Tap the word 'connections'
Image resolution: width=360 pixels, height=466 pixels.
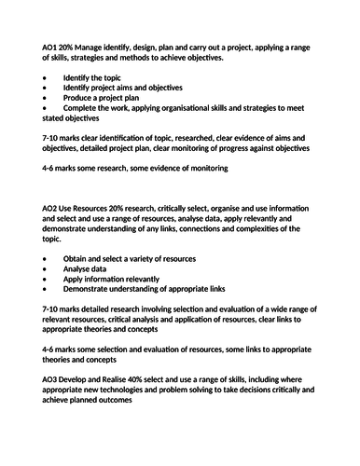(x=205, y=228)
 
